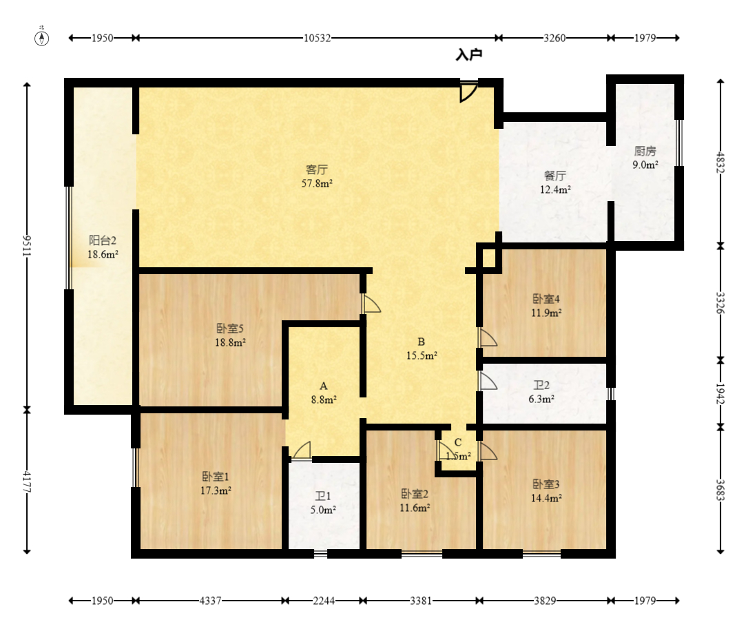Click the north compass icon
pyautogui.click(x=42, y=37)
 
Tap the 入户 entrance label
pyautogui.click(x=469, y=55)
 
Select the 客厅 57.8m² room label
pyautogui.click(x=317, y=176)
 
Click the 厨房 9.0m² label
pyautogui.click(x=645, y=158)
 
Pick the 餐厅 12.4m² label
pyautogui.click(x=555, y=183)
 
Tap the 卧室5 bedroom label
pyautogui.click(x=230, y=328)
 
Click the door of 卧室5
pyautogui.click(x=372, y=303)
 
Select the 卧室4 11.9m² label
pyautogui.click(x=546, y=306)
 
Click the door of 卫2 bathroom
pyautogui.click(x=488, y=381)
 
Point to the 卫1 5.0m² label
pyautogui.click(x=323, y=503)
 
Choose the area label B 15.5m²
pyautogui.click(x=422, y=349)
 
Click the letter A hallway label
pyautogui.click(x=324, y=386)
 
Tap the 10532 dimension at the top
pyautogui.click(x=318, y=38)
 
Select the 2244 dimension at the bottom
pyautogui.click(x=324, y=601)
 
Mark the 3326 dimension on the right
pyautogui.click(x=720, y=303)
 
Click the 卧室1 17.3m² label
pyautogui.click(x=216, y=484)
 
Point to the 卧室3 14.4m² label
pyautogui.click(x=546, y=491)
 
